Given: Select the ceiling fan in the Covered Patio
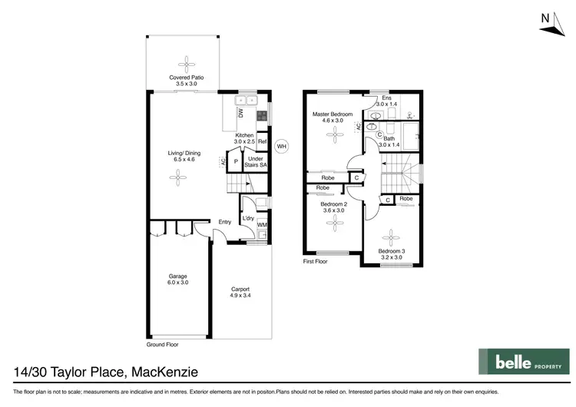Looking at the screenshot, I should (184, 63).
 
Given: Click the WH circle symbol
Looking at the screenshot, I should (281, 146).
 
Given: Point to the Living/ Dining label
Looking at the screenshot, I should (181, 156).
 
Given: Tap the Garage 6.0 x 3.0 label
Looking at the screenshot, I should (178, 280).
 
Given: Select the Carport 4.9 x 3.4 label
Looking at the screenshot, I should (241, 293).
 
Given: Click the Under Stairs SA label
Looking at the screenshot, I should (257, 162).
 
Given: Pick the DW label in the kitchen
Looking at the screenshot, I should (240, 112).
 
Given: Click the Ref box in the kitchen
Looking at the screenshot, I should (262, 142).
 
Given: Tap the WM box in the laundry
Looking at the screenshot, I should (262, 225).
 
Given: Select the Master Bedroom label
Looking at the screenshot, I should (332, 117).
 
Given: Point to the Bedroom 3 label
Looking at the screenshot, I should (391, 254).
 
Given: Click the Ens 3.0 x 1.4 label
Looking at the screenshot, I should (387, 101).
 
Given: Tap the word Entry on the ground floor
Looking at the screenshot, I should (224, 222).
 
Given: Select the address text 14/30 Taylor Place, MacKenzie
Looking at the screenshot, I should (106, 372).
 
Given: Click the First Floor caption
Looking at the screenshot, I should (315, 262).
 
